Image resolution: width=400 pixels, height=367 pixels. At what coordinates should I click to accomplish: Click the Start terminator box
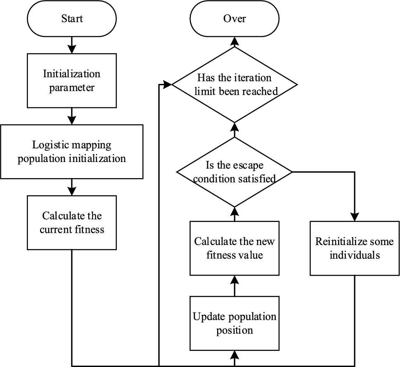[72, 19]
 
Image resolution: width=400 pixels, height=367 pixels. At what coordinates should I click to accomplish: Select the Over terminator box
[234, 19]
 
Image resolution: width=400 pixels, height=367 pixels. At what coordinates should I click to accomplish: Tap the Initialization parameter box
[72, 81]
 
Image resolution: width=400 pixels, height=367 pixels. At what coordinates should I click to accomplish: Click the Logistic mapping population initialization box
[72, 152]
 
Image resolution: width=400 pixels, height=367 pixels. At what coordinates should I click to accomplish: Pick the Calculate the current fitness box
[72, 222]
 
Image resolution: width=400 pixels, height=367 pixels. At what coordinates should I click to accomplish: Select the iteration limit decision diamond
[234, 84]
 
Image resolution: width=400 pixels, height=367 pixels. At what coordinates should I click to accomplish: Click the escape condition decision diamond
[234, 172]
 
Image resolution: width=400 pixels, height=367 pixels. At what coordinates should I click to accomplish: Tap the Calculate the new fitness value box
[234, 248]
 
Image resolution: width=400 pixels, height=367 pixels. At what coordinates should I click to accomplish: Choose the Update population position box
[234, 323]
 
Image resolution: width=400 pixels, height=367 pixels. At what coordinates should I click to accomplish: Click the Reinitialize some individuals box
[354, 248]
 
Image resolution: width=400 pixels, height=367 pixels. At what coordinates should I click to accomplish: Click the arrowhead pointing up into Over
[234, 41]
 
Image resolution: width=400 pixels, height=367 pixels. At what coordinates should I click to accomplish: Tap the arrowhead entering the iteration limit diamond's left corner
[167, 84]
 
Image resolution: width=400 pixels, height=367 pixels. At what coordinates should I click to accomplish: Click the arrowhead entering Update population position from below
[234, 355]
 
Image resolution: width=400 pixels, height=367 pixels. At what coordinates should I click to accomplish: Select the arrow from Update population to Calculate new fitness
[234, 286]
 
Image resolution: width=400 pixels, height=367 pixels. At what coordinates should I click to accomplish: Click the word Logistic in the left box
[50, 145]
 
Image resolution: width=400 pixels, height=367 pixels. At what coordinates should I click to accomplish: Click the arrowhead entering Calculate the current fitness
[72, 191]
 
